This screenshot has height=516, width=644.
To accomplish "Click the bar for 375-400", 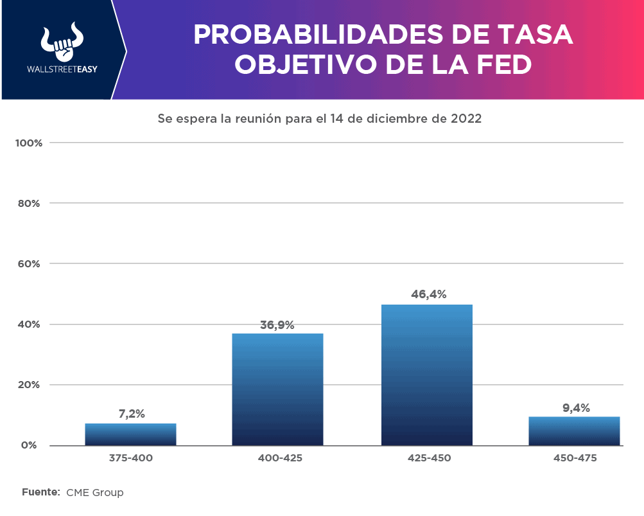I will [x=130, y=434].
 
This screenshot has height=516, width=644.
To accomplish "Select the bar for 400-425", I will [x=277, y=389].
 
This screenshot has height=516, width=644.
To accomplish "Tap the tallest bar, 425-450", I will [x=426, y=375].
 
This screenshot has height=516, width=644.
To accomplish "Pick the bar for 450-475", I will [x=574, y=431].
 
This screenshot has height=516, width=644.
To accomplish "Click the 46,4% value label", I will [x=428, y=294].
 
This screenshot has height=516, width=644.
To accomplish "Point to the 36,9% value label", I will [x=277, y=325].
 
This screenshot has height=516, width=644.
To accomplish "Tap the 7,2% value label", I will [x=132, y=414].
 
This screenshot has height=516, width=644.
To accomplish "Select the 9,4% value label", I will [x=575, y=407].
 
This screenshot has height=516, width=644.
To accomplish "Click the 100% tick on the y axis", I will [x=29, y=143].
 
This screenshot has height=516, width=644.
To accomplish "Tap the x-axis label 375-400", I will [x=131, y=458].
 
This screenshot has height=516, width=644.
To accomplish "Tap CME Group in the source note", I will [x=94, y=493].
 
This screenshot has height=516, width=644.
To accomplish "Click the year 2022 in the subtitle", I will [x=466, y=119].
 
